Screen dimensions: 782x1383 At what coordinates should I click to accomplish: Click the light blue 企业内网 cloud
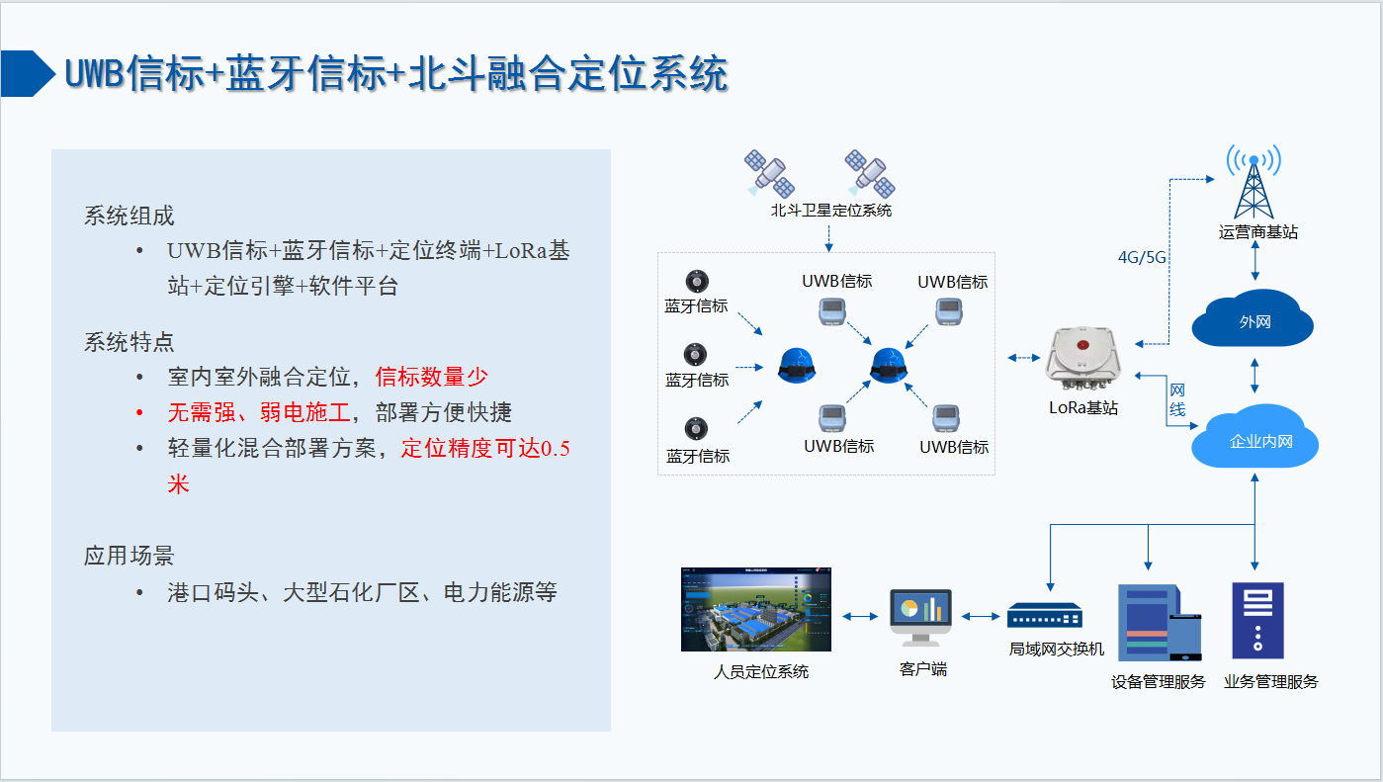(x=1253, y=438)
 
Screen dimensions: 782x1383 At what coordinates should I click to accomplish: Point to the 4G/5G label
(x=1142, y=257)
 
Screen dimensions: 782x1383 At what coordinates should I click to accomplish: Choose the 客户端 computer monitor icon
(x=920, y=617)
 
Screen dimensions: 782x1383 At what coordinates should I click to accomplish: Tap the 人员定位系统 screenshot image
(x=756, y=610)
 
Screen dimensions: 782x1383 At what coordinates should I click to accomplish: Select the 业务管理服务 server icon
(x=1257, y=621)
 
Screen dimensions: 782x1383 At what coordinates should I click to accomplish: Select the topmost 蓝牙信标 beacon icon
(x=697, y=281)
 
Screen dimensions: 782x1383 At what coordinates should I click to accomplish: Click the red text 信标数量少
(x=432, y=377)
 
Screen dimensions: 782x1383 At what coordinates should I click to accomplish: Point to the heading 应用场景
(x=130, y=556)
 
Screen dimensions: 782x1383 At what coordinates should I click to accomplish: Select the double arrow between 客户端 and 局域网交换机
(x=981, y=617)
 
